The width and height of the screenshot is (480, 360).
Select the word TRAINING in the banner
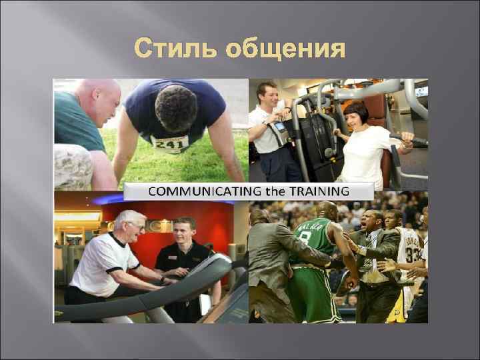(325, 191)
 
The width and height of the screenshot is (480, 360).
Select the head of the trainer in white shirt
(267, 95)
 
